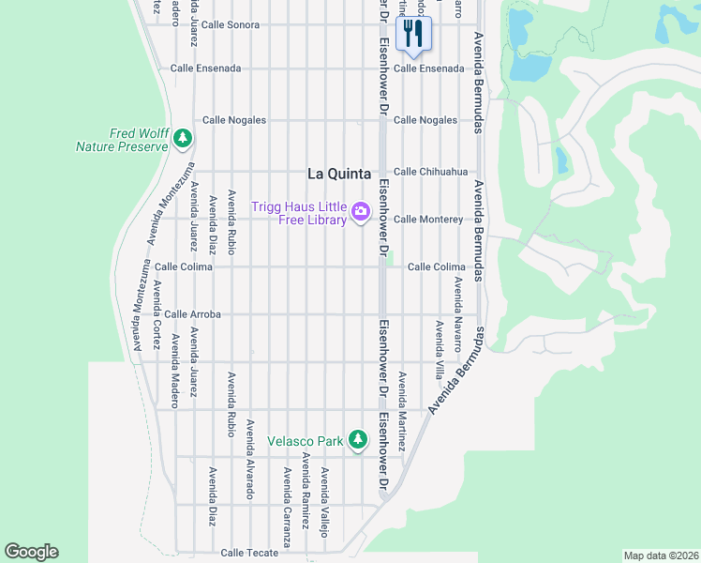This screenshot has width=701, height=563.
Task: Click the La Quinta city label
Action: (339, 174)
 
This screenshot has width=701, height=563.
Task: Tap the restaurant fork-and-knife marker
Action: (412, 36)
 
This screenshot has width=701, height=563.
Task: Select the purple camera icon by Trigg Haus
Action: (360, 214)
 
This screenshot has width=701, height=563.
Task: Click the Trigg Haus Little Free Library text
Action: (299, 214)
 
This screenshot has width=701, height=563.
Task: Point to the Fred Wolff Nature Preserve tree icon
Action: (183, 140)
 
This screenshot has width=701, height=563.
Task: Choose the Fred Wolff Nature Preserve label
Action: (122, 140)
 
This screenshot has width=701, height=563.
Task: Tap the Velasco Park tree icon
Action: (357, 439)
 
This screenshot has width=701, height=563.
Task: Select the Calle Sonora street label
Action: (230, 24)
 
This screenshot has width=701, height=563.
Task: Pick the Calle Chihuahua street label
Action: (430, 172)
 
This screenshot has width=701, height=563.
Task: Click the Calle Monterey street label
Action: (428, 220)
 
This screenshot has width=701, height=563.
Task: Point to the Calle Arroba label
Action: (192, 314)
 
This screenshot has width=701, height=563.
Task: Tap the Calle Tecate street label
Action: (249, 553)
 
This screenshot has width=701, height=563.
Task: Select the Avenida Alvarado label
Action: (250, 459)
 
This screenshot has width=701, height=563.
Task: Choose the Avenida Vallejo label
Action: (324, 501)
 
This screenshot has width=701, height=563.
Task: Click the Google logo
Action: (31, 552)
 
